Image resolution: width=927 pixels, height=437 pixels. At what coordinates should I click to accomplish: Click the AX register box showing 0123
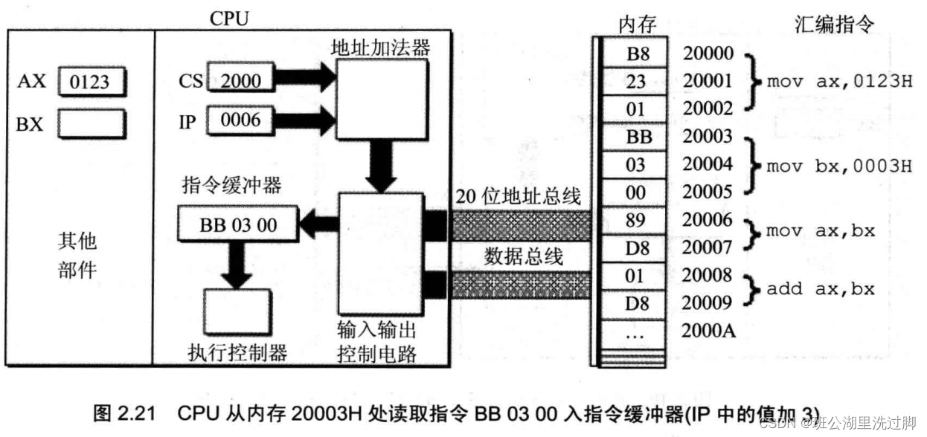(x=91, y=82)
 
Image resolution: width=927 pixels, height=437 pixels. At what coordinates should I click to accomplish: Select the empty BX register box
(x=91, y=124)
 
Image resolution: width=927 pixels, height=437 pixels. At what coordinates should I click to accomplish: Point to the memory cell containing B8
(x=635, y=54)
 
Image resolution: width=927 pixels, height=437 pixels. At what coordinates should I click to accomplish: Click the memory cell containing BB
(x=635, y=137)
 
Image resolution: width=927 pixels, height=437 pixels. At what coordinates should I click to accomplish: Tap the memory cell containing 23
(x=635, y=81)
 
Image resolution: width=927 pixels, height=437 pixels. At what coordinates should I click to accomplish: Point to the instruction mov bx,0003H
(x=838, y=164)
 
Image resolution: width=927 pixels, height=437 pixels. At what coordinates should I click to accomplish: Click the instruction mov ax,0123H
(x=838, y=81)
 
